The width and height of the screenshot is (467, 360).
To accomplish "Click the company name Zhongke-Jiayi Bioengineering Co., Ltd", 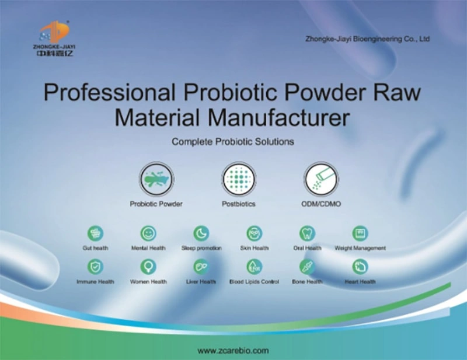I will pos(368,39).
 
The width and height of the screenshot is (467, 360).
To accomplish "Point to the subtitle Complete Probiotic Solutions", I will pos(233,141).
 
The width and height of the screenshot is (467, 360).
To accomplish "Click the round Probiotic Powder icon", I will pos(156,179).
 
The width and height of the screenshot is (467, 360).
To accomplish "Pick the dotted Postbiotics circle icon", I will pos(238,179).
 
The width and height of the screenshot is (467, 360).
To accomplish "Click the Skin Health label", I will pos(254,248).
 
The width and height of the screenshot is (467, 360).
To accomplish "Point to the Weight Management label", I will pos(360,248).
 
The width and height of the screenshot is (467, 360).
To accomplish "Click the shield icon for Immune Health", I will pos(95,267).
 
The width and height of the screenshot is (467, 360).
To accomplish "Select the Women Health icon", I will pos(148,267).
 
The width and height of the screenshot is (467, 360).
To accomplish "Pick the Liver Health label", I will pos(201,281).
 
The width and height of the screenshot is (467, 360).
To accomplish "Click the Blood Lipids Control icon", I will pos(254,267).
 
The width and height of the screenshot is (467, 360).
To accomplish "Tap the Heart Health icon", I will pos(360,267).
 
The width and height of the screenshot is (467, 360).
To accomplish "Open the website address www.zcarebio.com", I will pos(233,351).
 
